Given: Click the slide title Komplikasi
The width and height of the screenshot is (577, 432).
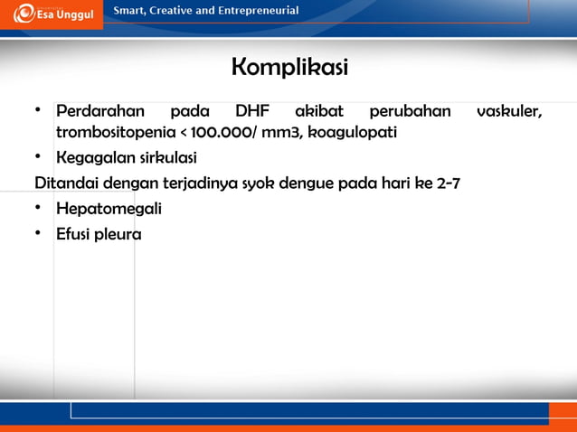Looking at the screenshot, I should pos(289,68).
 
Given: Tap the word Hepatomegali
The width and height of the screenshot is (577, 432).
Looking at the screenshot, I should pos(109,210).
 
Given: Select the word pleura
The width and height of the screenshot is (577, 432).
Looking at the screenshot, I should pos(118,235).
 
